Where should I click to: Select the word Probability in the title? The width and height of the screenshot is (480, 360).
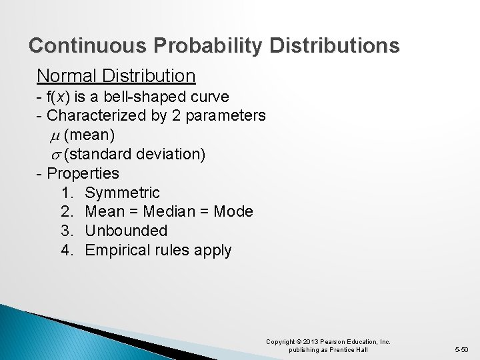pyautogui.click(x=209, y=45)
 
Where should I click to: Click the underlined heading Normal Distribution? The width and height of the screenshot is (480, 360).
pyautogui.click(x=116, y=75)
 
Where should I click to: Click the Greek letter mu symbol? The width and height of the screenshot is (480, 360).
pyautogui.click(x=55, y=136)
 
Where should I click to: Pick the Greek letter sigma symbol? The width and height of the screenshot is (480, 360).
pyautogui.click(x=55, y=155)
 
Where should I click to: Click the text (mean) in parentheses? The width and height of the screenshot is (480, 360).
pyautogui.click(x=90, y=135)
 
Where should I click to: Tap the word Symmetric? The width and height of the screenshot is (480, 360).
pyautogui.click(x=123, y=193)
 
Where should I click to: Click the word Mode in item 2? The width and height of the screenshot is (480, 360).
pyautogui.click(x=235, y=212)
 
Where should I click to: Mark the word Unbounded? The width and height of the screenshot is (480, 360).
pyautogui.click(x=126, y=231)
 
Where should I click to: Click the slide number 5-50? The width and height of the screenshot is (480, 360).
pyautogui.click(x=461, y=350)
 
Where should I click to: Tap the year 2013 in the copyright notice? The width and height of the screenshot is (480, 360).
pyautogui.click(x=312, y=342)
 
